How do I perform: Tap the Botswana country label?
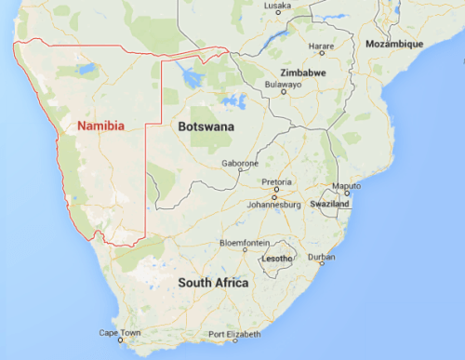click(201, 125)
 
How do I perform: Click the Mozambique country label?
click(394, 44)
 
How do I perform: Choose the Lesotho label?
click(278, 257)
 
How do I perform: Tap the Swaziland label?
click(330, 203)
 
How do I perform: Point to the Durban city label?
click(322, 256)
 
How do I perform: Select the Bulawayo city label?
click(284, 84)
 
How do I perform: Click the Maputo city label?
click(346, 186)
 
